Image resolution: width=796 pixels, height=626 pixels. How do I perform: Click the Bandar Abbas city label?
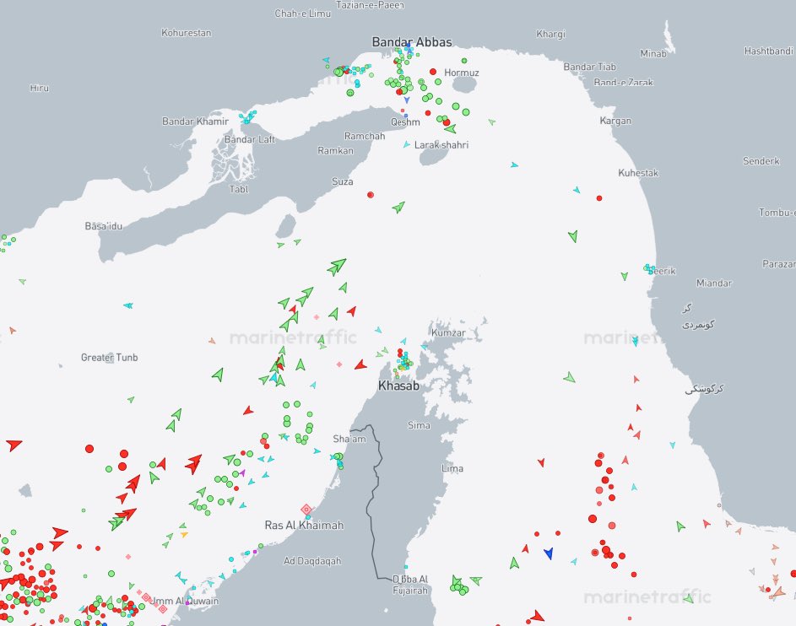412,42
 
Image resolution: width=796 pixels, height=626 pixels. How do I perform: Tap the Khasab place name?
398,386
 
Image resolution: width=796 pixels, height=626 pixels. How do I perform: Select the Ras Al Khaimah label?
304,526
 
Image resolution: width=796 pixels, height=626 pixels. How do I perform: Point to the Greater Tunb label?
109,358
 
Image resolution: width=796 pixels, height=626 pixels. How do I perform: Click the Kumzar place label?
448,333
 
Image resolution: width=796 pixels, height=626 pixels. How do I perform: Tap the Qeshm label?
405,122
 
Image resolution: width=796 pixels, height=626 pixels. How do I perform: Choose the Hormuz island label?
462,73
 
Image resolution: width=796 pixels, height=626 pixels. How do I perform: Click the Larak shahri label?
441,145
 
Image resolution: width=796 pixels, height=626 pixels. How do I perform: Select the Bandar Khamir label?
196,121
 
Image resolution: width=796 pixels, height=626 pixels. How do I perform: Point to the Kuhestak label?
638,173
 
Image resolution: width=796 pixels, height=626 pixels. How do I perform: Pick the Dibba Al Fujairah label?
411,584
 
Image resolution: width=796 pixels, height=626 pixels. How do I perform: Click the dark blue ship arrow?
549,553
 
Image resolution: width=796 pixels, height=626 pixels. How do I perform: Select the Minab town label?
653,54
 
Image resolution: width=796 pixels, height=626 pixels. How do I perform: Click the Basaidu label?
104,226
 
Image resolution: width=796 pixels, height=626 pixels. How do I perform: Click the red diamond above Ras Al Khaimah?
306,510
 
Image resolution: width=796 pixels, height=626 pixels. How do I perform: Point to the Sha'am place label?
349,440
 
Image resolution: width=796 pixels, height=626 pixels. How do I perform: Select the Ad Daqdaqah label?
312,561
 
